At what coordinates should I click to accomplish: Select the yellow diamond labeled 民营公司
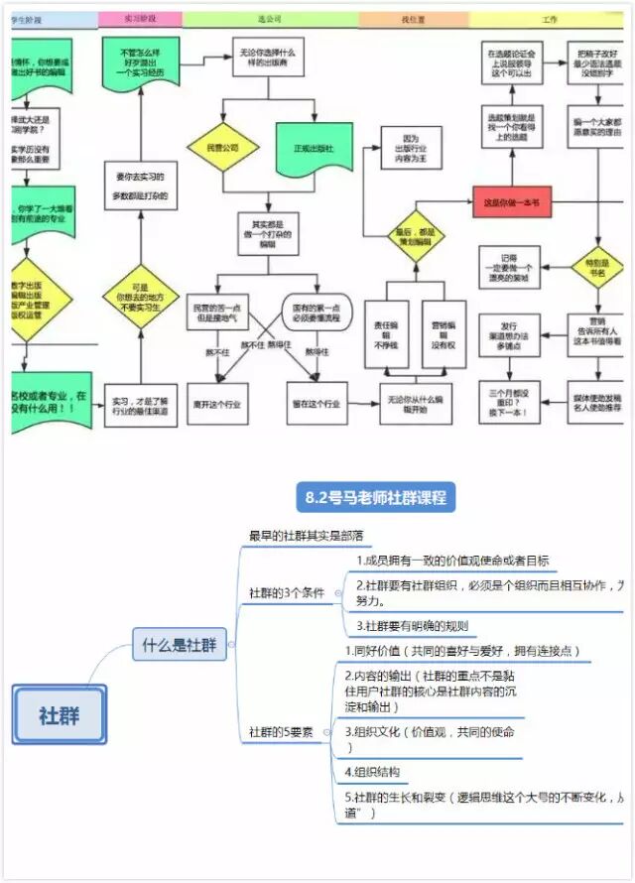pos(223,148)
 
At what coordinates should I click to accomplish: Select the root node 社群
pos(60,714)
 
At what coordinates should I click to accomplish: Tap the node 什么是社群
pos(180,644)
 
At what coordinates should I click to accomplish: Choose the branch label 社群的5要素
pos(281,731)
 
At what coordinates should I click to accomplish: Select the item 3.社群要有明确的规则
pos(412,626)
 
